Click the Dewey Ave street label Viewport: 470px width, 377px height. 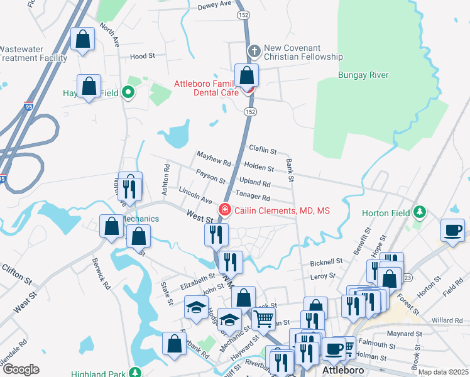[x=215, y=4]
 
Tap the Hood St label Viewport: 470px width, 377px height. [x=142, y=57]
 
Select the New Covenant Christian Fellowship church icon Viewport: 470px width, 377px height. [x=254, y=50]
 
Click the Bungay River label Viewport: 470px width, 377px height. [x=363, y=75]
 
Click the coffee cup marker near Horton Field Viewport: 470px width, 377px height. [x=452, y=230]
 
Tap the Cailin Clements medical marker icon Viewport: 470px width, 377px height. [x=224, y=209]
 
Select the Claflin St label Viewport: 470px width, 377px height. [x=263, y=150]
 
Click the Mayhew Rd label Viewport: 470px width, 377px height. [x=214, y=158]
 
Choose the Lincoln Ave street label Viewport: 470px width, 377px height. [x=195, y=195]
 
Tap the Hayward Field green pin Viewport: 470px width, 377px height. [x=129, y=93]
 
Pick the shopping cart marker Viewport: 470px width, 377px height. [x=264, y=319]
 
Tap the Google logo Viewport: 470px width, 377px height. [x=20, y=369]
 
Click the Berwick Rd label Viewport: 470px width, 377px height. [x=101, y=271]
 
